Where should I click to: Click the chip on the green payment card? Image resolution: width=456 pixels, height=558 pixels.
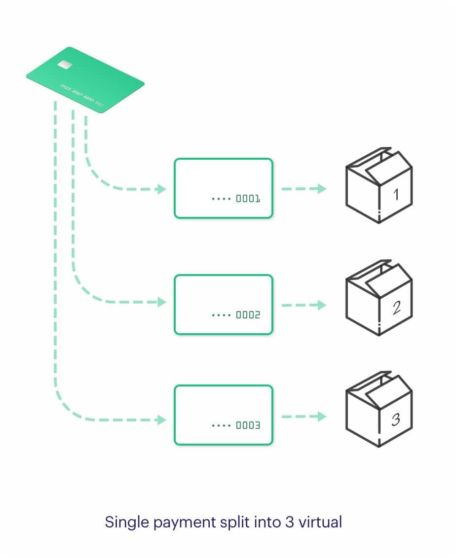(63, 65)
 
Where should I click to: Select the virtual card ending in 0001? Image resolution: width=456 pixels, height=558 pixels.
(224, 188)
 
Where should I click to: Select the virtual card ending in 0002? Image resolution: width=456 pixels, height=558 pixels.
(224, 304)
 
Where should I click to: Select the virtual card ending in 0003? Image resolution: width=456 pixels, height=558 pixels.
(224, 415)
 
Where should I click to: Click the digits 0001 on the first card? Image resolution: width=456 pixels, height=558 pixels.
(248, 199)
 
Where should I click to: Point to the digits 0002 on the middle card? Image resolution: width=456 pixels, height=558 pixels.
(248, 315)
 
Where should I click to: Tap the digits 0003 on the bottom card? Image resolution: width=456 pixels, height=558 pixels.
(248, 425)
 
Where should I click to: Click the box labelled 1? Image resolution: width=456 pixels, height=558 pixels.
(379, 185)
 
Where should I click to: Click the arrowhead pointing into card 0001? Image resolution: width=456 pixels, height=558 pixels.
(161, 189)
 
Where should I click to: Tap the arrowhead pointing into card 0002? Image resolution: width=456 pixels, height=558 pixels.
(161, 302)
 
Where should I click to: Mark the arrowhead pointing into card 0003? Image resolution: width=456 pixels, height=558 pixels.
(161, 420)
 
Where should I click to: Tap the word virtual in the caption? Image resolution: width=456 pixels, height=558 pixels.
(320, 522)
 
